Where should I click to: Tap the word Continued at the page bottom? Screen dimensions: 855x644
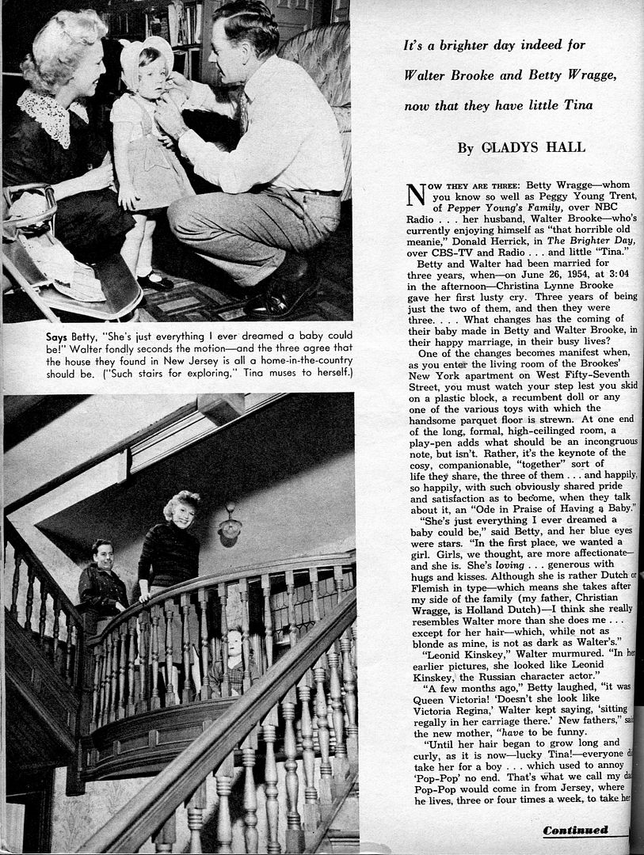point(575,830)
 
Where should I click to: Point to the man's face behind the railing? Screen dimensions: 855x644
point(102,555)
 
